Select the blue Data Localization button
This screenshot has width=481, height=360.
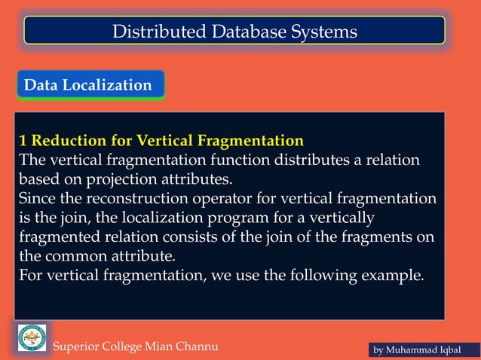tap(89, 85)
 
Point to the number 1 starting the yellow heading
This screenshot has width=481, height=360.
tap(23, 141)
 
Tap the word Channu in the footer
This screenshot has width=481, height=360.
tap(195, 346)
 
